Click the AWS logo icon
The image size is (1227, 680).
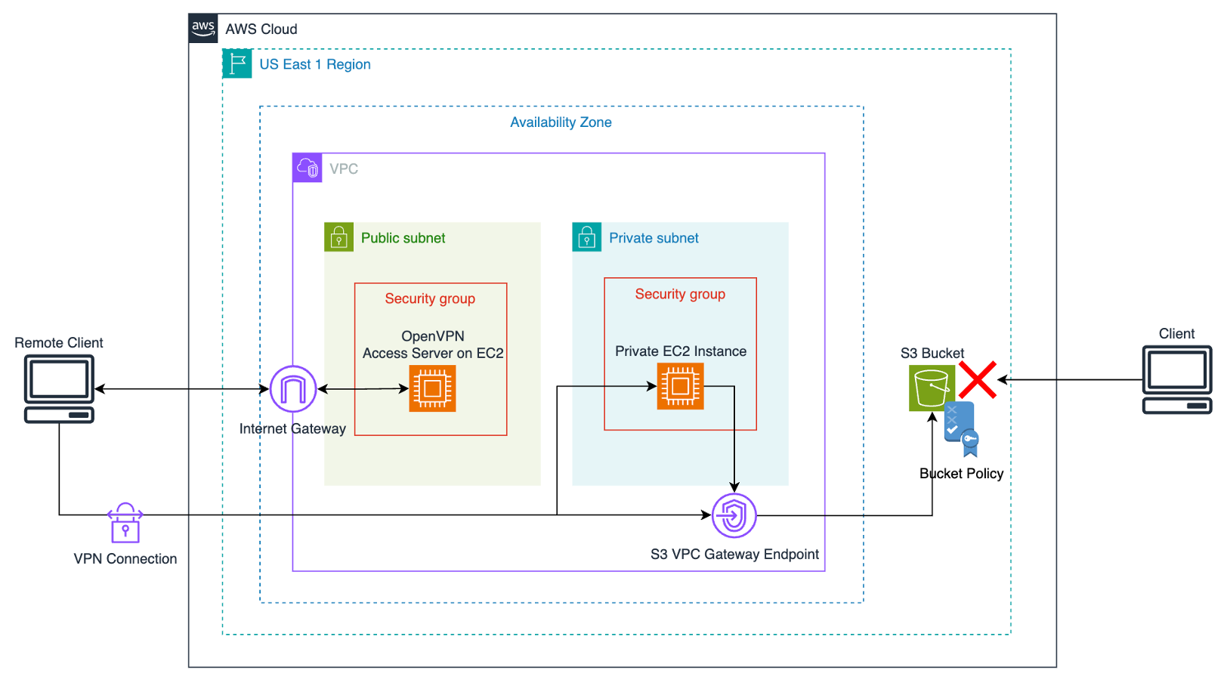[x=203, y=29]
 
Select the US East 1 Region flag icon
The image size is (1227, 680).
[x=237, y=63]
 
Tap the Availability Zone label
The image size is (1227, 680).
[x=561, y=122]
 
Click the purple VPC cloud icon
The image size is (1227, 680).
[x=308, y=168]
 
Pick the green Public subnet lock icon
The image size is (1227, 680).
[x=338, y=237]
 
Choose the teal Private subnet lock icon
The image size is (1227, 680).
[x=586, y=237]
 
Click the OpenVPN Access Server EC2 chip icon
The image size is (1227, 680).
[x=432, y=388]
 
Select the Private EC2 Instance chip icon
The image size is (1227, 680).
[x=680, y=386]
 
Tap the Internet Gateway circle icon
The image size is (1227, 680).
[x=293, y=389]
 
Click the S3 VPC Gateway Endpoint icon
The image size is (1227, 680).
[x=734, y=516]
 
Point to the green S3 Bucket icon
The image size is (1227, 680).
[x=932, y=388]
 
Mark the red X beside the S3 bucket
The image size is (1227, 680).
[x=978, y=379]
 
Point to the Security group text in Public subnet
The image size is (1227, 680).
[x=430, y=298]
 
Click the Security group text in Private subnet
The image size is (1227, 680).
[x=680, y=294]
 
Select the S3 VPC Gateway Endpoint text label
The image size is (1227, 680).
[x=734, y=555]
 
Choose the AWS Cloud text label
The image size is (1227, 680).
[x=261, y=29]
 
